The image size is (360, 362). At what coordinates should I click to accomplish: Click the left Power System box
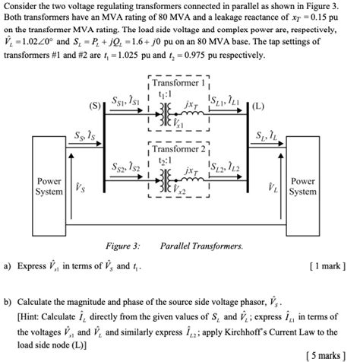[49, 187]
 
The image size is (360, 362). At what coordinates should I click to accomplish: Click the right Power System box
[302, 187]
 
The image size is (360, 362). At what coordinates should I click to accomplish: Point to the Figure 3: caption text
[122, 246]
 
